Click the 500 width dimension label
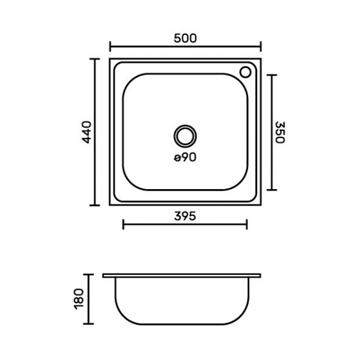click(x=185, y=38)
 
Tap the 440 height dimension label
click(x=87, y=132)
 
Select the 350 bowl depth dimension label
click(x=280, y=132)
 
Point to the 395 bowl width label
click(x=185, y=216)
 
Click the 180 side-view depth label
click(x=79, y=299)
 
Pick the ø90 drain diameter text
click(x=185, y=158)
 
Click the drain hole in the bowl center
click(x=185, y=136)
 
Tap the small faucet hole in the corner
click(x=245, y=72)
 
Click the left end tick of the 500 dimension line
click(x=110, y=46)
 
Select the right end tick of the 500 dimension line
click(x=261, y=46)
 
